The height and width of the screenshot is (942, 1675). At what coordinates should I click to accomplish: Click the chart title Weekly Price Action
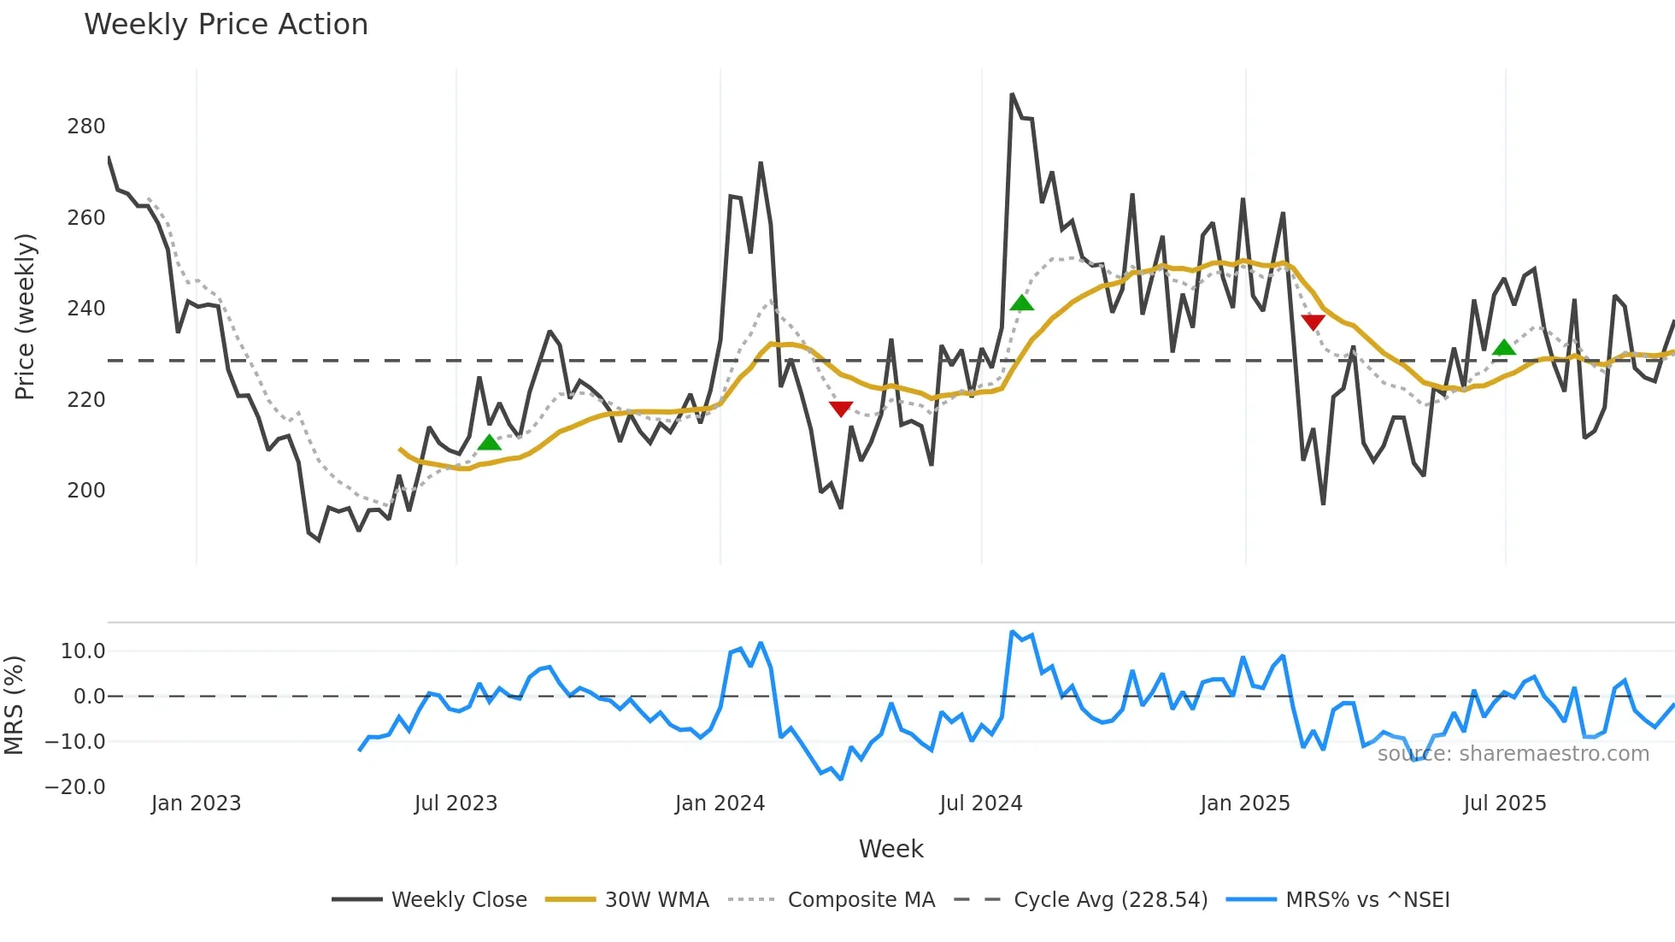click(226, 25)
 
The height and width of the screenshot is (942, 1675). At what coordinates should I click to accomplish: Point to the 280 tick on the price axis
click(86, 127)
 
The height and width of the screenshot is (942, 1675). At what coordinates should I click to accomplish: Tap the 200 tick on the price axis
click(86, 491)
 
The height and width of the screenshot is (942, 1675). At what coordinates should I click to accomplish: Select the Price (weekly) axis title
click(26, 316)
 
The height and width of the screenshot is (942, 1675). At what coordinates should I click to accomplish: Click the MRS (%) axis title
click(15, 705)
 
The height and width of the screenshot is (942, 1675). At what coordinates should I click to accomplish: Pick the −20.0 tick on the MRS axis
click(75, 787)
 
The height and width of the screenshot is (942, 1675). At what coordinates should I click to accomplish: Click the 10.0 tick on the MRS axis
click(83, 651)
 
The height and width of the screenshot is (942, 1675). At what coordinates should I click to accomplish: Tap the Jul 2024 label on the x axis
click(980, 804)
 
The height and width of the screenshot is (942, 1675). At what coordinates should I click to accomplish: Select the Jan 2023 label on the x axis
click(196, 804)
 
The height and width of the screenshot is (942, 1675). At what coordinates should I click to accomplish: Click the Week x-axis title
click(890, 849)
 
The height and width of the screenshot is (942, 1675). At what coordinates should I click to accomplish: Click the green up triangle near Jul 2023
click(489, 442)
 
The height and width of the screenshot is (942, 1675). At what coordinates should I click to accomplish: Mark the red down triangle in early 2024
click(841, 409)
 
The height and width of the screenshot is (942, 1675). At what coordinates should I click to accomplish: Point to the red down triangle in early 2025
click(1313, 322)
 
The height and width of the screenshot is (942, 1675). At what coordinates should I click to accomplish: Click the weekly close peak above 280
click(1012, 95)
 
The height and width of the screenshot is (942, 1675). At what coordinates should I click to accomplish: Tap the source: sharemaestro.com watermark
click(1513, 754)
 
